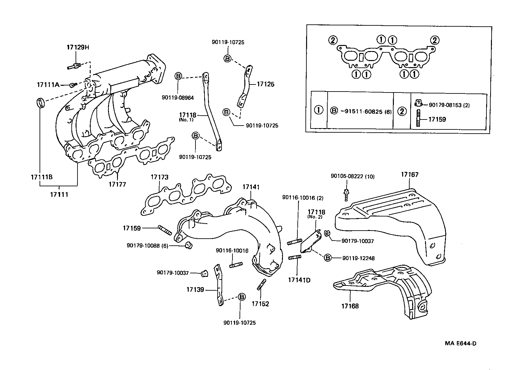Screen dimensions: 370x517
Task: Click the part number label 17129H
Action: [77, 47]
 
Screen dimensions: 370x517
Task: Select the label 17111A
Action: [48, 85]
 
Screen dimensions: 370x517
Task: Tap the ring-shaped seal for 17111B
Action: [40, 103]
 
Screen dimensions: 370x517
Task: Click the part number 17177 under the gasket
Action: [117, 184]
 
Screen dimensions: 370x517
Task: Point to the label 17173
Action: [159, 177]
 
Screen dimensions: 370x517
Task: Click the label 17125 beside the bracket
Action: [266, 84]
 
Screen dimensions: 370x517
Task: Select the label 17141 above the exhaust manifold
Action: [251, 187]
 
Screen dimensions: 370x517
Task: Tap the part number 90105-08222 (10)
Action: [352, 176]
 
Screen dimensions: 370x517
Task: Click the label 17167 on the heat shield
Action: [409, 175]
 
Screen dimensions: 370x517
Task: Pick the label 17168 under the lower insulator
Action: [350, 306]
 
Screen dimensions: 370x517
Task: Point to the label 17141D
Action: [299, 280]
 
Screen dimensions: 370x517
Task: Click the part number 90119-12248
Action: [358, 258]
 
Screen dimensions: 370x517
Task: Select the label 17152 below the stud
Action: [260, 304]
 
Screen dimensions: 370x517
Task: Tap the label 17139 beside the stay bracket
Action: [195, 290]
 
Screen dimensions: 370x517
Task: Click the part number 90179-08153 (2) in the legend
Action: [449, 105]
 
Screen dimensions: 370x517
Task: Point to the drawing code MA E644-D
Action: [460, 343]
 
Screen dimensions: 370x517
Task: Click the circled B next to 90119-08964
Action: [178, 76]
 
